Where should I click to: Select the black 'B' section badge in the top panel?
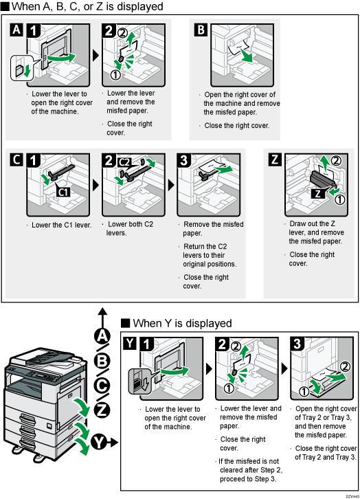click(200, 30)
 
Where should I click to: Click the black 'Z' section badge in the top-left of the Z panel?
click(275, 160)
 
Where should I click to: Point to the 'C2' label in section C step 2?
click(125, 162)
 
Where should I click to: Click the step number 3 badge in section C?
click(188, 160)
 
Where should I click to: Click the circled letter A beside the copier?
click(102, 336)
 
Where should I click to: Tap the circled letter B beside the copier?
click(102, 360)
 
